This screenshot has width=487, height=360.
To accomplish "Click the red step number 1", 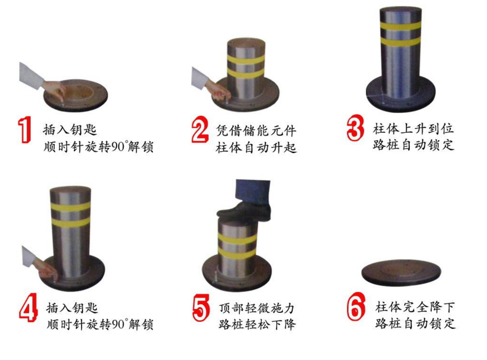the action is pos(25,129).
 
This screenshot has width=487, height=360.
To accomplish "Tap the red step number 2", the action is pos(199,129).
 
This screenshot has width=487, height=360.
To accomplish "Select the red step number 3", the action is pos(355,128).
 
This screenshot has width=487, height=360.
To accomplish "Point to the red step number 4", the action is pos(29,308).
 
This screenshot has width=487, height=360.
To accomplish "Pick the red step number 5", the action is pos(201,308).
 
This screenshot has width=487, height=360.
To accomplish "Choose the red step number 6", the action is pos(356,307).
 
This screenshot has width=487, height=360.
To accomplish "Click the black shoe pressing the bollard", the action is pos(244,211).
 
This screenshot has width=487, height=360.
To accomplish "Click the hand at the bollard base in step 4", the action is pos(46,269).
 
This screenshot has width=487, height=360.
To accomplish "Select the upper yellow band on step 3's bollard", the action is pos(401,26).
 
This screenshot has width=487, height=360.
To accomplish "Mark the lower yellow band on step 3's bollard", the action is pos(401,42).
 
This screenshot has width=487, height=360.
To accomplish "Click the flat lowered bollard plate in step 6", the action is pos(401,272).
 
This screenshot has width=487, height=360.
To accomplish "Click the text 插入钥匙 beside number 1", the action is pos(70,129).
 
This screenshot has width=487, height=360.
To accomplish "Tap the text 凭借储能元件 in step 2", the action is pos(256,131).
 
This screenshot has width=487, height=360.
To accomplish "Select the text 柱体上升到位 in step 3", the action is pos(413,128).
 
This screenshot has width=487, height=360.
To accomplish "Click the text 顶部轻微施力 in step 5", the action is pos(256,308).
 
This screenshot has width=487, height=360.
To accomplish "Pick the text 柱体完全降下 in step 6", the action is pos(415,307).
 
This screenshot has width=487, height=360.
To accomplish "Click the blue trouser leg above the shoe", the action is pos(252,191).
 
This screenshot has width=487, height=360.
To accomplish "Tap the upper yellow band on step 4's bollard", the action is pos(71,206).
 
